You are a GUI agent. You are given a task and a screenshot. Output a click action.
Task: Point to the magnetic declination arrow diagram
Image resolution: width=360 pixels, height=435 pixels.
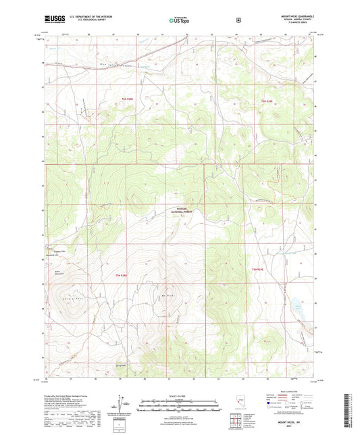120,403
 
